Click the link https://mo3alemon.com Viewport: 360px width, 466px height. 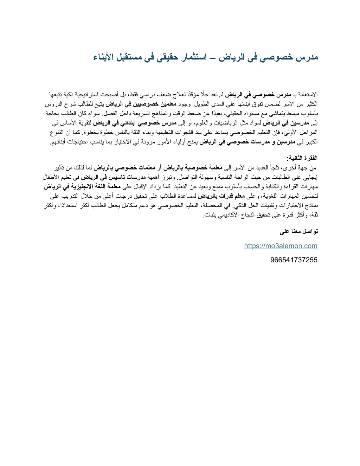tap(281, 246)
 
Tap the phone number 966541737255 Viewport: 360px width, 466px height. tap(294, 260)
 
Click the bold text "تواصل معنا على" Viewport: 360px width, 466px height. tap(299, 231)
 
